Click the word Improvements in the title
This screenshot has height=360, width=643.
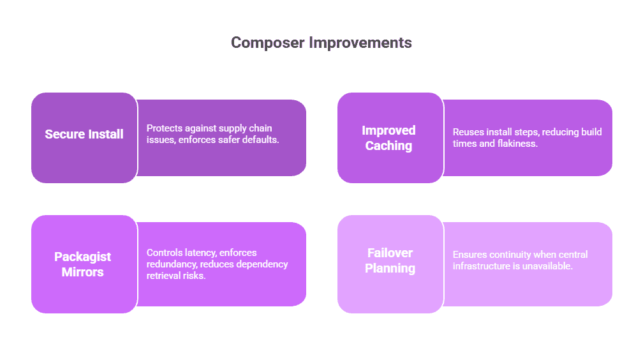[x=360, y=42]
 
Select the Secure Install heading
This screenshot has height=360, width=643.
[x=84, y=134]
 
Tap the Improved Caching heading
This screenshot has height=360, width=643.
[x=388, y=138]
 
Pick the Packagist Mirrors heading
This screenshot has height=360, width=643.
[x=82, y=264]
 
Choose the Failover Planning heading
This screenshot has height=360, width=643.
[x=390, y=260]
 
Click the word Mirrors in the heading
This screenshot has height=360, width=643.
[x=82, y=272]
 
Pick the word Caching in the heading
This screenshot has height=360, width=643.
[x=388, y=146]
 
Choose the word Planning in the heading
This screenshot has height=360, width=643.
[x=390, y=268]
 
